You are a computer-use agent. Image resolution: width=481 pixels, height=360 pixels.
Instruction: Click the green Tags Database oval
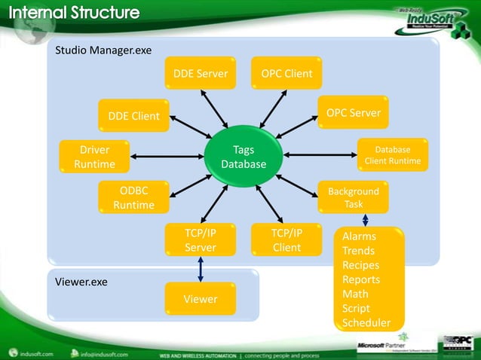pos(244,157)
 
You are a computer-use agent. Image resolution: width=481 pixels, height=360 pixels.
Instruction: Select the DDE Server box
pos(200,74)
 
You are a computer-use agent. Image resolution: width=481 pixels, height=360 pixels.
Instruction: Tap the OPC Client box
pos(286,74)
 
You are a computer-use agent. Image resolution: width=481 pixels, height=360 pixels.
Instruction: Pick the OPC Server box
pos(353,113)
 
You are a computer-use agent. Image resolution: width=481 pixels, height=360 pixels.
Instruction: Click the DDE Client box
pos(133,116)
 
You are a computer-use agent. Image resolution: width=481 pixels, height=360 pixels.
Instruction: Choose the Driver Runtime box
pos(94,157)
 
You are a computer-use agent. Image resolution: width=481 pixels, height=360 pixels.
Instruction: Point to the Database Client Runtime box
pos(392,155)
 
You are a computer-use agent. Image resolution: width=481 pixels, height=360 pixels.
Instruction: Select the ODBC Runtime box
pos(133,197)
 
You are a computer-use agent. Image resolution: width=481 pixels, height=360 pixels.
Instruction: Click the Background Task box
pos(353,197)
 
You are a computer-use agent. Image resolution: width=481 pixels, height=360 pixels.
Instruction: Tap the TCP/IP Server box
pos(200,240)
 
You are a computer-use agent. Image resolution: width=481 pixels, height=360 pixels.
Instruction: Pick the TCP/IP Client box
pos(286,240)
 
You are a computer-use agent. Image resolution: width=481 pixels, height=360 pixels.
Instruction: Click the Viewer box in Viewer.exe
pos(200,299)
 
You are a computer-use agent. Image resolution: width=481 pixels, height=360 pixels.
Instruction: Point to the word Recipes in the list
pos(360,265)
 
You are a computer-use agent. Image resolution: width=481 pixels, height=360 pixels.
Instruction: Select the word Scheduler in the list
pos(366,323)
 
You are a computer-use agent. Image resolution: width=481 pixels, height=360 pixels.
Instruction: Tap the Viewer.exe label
pos(81,282)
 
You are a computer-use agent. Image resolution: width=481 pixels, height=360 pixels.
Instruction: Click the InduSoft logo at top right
pos(426,17)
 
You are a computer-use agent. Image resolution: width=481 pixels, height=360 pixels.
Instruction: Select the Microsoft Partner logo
pos(388,346)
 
